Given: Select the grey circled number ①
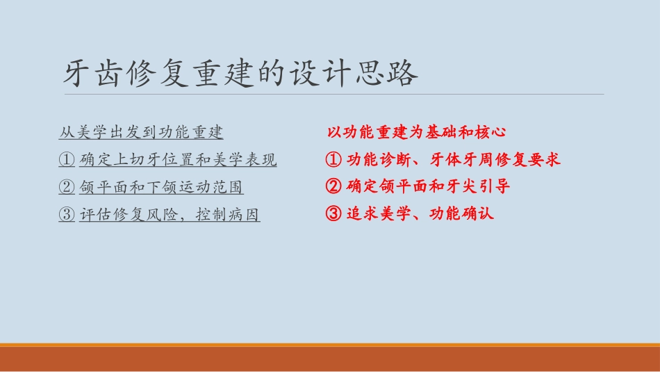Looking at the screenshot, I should click(x=67, y=160).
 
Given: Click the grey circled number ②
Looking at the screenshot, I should click(x=67, y=187).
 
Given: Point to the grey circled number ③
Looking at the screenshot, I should click(x=67, y=215).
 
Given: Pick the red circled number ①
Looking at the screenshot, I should click(x=333, y=159).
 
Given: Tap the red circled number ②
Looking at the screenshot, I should click(x=333, y=186).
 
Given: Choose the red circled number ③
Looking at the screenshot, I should click(x=333, y=213).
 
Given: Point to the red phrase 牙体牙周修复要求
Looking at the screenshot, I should click(x=495, y=159).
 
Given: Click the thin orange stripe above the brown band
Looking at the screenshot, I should click(x=330, y=345).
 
